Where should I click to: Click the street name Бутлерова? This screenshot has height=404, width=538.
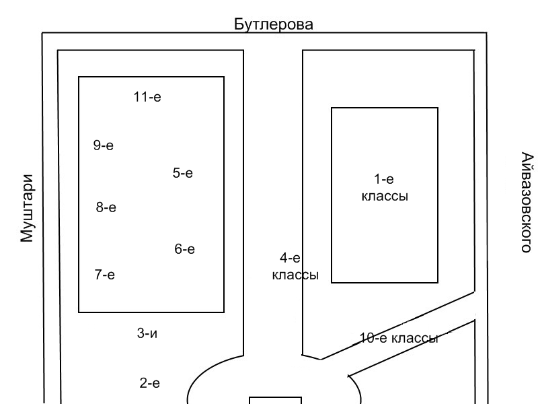[x=274, y=25]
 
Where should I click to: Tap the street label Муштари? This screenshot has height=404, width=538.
[x=26, y=208]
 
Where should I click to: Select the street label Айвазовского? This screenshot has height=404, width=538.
[x=527, y=202]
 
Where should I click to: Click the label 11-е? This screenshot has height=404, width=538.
[x=147, y=97]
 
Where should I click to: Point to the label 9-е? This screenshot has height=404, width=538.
[x=104, y=145]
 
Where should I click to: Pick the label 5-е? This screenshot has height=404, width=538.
[x=183, y=173]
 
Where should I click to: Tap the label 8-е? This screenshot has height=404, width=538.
[x=106, y=207]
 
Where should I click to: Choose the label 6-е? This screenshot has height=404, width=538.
[x=185, y=249]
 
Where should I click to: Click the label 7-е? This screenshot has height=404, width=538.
[x=105, y=274]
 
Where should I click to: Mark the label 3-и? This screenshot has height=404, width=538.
[x=147, y=333]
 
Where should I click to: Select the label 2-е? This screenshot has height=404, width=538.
[x=150, y=384]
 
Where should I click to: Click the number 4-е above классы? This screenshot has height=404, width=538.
[x=290, y=258]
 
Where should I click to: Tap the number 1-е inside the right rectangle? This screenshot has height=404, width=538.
[x=384, y=179]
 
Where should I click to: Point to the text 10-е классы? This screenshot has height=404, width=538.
[x=399, y=338]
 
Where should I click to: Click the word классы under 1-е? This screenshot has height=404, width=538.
[x=385, y=197]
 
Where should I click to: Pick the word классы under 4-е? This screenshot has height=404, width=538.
[x=295, y=275]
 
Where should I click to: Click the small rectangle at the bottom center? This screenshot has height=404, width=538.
[x=276, y=401]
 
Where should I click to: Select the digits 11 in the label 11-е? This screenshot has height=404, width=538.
[x=140, y=97]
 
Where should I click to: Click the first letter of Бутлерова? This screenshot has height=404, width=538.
[x=239, y=25]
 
